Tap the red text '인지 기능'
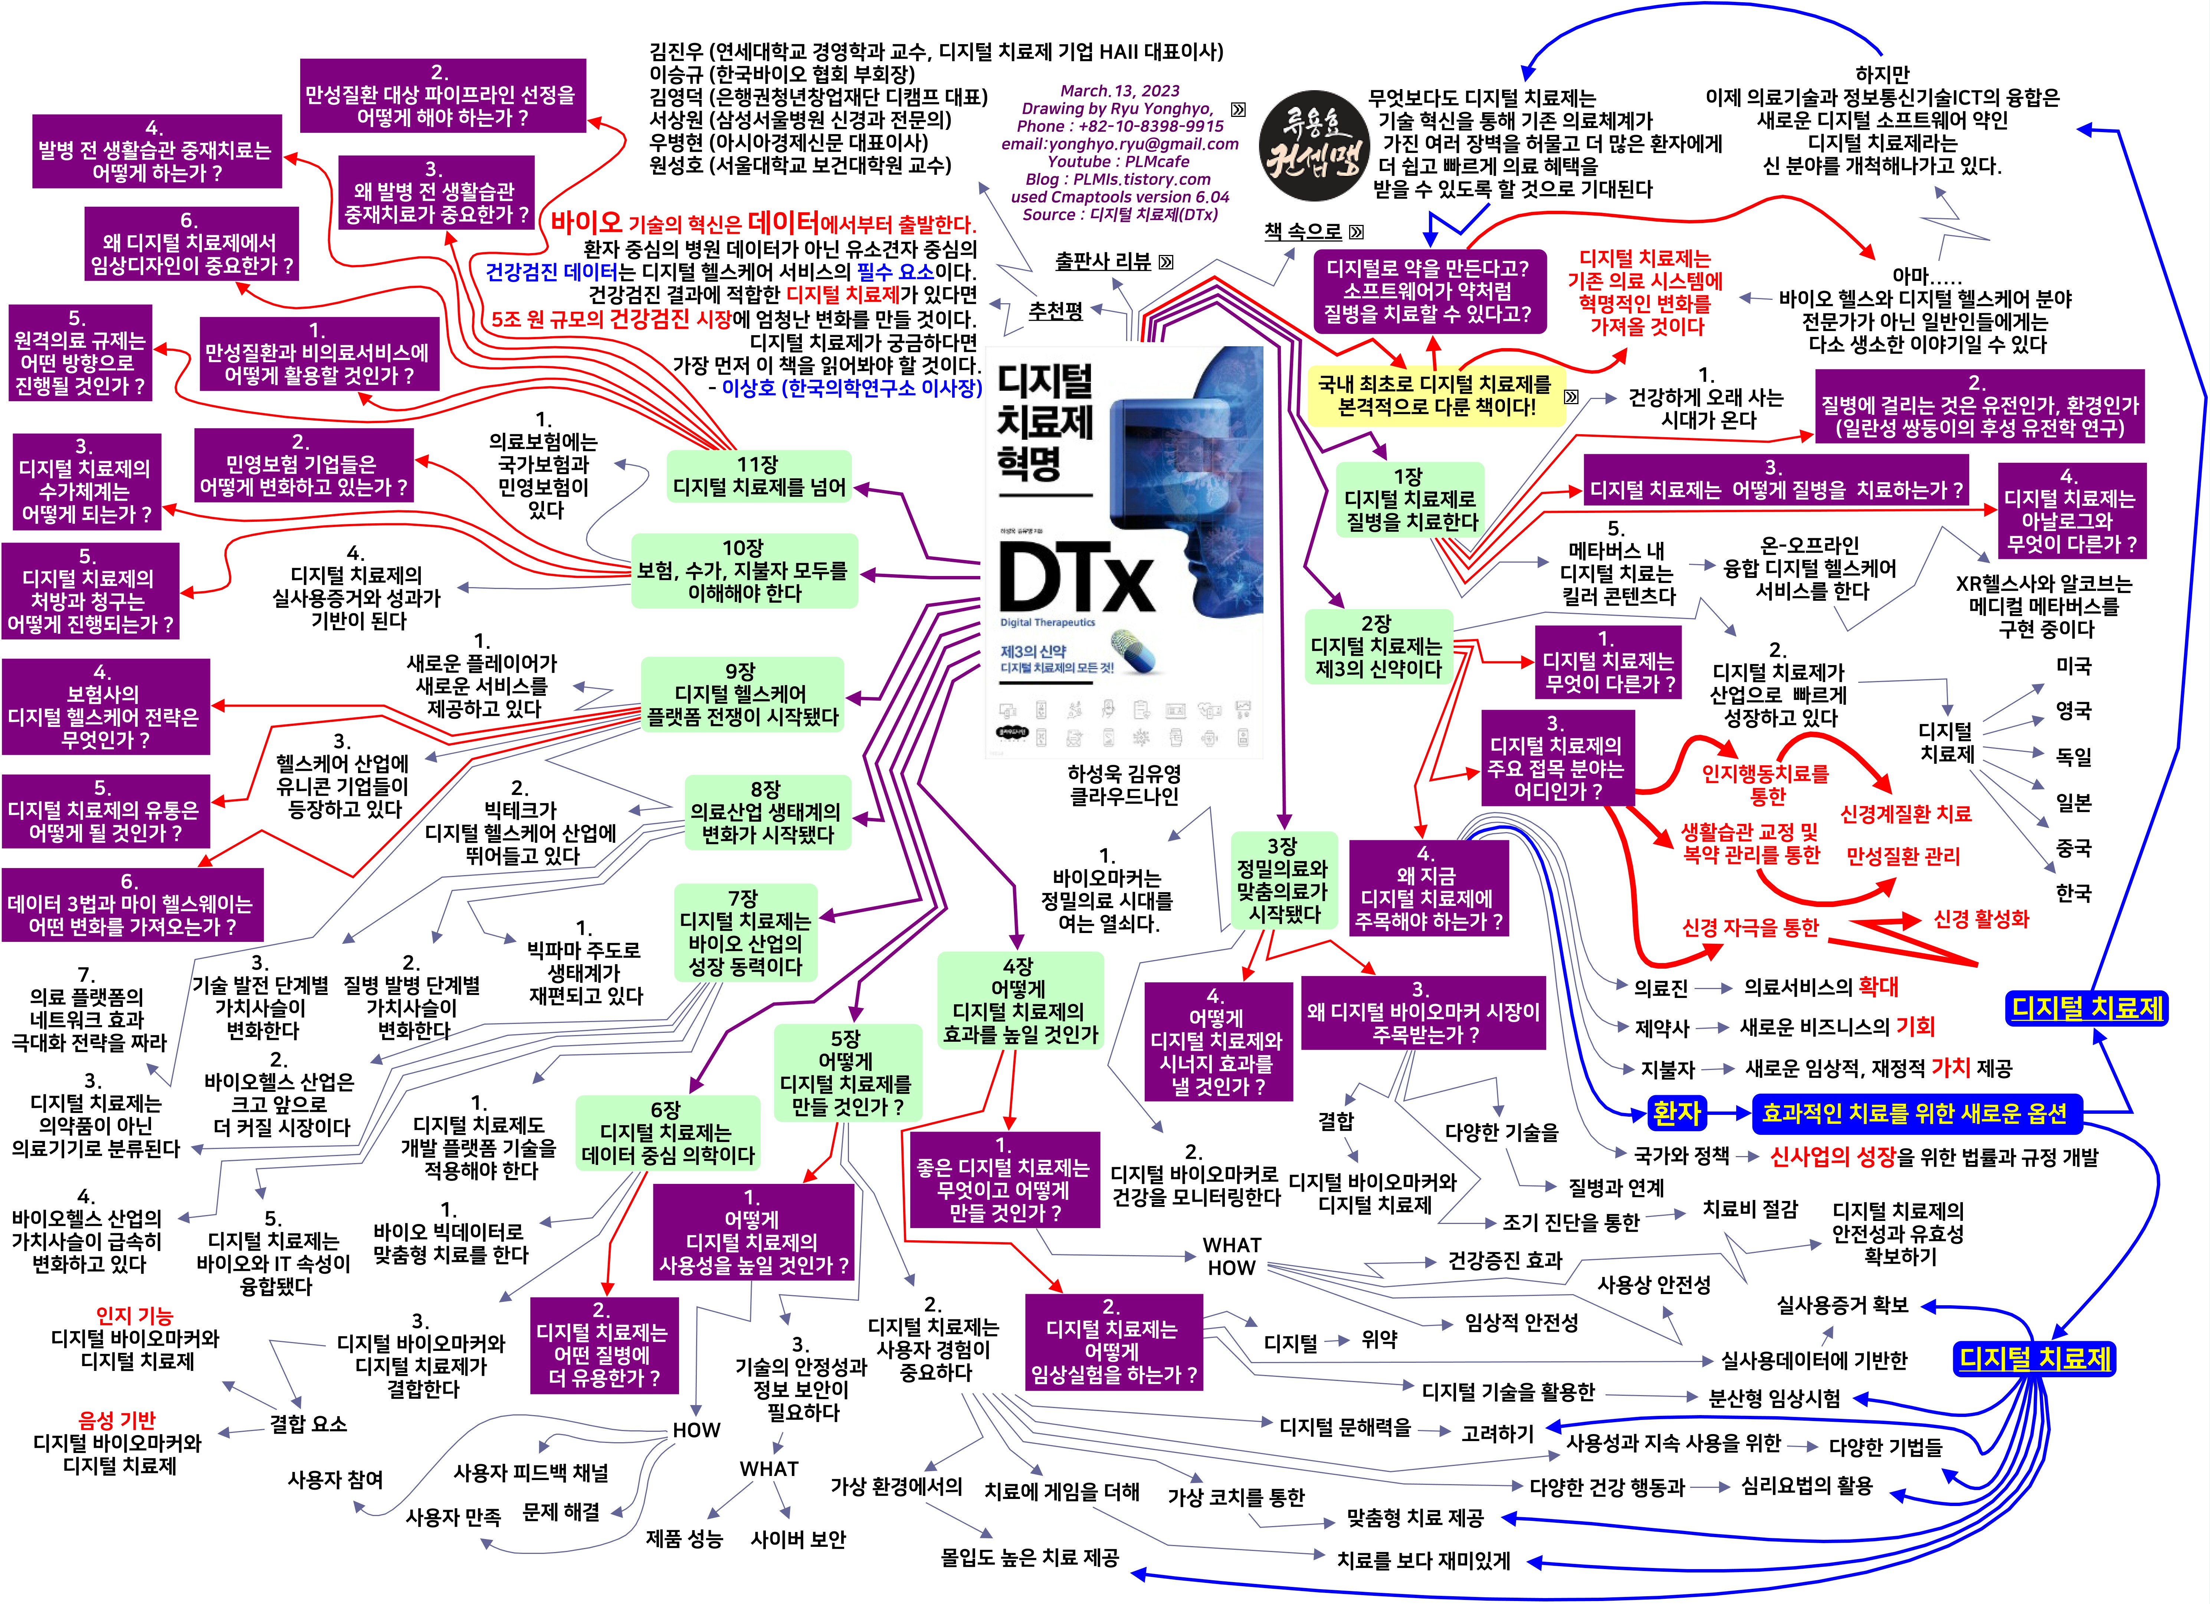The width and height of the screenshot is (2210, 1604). pyautogui.click(x=134, y=1316)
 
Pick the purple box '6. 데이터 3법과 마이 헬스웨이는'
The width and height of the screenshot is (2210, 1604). pyautogui.click(x=132, y=904)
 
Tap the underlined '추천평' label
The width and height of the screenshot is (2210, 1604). pyautogui.click(x=1055, y=310)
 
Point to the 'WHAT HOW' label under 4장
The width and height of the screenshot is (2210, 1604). pyautogui.click(x=1232, y=1256)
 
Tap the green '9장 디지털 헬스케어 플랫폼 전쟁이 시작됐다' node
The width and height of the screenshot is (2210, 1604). pyautogui.click(x=741, y=694)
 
